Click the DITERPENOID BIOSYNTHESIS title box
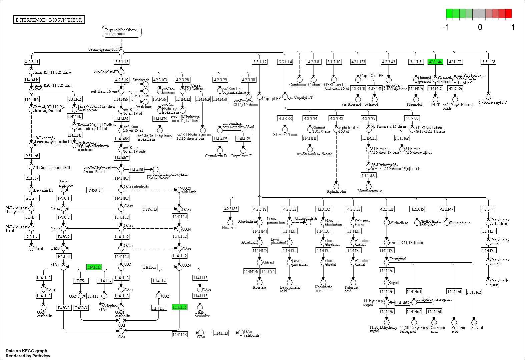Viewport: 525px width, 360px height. [49, 20]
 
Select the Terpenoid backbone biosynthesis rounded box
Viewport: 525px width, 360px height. [121, 32]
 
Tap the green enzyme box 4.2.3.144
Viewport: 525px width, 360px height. [435, 62]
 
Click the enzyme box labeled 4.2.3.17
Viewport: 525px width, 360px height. [32, 62]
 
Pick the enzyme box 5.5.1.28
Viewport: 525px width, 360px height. [488, 62]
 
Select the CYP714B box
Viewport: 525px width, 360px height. [150, 209]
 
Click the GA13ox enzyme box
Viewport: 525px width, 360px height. [149, 267]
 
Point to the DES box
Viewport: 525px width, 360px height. [80, 281]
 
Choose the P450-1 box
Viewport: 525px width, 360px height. [94, 190]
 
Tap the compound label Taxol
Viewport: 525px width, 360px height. [39, 248]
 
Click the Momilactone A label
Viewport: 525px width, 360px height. [370, 191]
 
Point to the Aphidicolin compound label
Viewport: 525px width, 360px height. [336, 191]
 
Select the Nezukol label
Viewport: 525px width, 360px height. [229, 228]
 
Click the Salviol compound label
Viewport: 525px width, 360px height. [477, 328]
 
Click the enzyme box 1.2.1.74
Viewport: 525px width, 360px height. [268, 271]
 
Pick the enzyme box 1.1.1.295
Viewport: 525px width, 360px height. [369, 175]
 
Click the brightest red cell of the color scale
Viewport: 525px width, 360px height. [508, 14]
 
